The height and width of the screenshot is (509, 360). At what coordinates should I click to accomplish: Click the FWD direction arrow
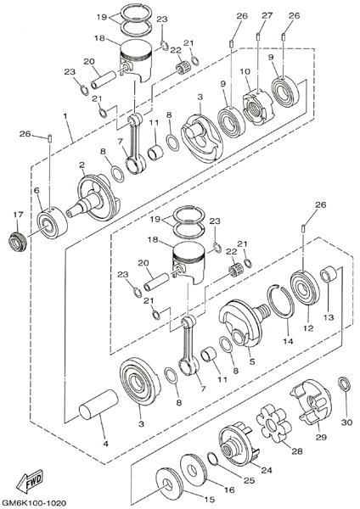pos(31,478)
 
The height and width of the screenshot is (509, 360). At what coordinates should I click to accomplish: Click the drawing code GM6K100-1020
pos(33,503)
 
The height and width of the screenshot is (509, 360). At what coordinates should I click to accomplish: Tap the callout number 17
pos(18,215)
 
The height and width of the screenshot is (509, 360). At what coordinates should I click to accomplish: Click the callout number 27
pos(267,15)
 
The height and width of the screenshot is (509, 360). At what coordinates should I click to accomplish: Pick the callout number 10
pos(245,72)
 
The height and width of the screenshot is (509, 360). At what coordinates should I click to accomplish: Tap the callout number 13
pos(329,316)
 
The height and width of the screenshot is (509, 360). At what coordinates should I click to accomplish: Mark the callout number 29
pos(321,437)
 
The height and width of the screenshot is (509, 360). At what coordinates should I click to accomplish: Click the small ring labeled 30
pos(345,383)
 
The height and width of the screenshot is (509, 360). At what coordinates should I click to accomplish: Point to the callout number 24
pos(267,469)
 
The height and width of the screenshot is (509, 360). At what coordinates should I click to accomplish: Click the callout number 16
pos(229,489)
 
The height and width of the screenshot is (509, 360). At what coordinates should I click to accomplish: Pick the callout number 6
pos(37,190)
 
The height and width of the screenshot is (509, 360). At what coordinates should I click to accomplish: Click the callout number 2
pos(82,165)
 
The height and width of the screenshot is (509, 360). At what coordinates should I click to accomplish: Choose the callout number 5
pos(252,361)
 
